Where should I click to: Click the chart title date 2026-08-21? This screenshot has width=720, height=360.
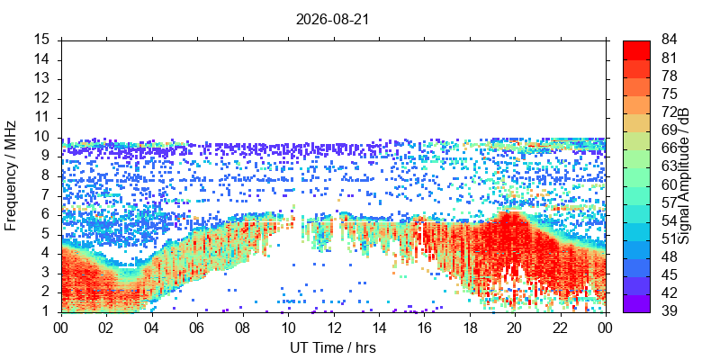tap(332, 20)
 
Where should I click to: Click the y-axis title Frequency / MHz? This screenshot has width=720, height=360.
tap(11, 175)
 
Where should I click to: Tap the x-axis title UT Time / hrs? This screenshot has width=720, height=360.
tap(333, 347)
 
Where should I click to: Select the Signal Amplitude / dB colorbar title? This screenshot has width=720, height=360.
tap(685, 175)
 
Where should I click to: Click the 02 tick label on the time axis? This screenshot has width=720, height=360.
tap(106, 328)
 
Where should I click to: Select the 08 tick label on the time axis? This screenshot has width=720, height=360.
tap(242, 328)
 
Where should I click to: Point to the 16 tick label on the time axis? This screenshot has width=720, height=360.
tap(424, 328)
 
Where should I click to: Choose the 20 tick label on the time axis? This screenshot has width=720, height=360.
tap(515, 328)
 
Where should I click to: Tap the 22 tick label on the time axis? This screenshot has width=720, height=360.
tap(560, 328)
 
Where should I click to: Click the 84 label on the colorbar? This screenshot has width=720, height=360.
tap(670, 40)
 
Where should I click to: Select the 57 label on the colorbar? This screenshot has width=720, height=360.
tap(670, 202)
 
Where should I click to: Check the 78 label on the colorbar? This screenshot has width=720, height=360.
tap(670, 76)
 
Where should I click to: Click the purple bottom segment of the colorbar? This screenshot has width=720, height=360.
tap(636, 303)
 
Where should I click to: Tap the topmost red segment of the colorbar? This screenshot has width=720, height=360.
tap(636, 50)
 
